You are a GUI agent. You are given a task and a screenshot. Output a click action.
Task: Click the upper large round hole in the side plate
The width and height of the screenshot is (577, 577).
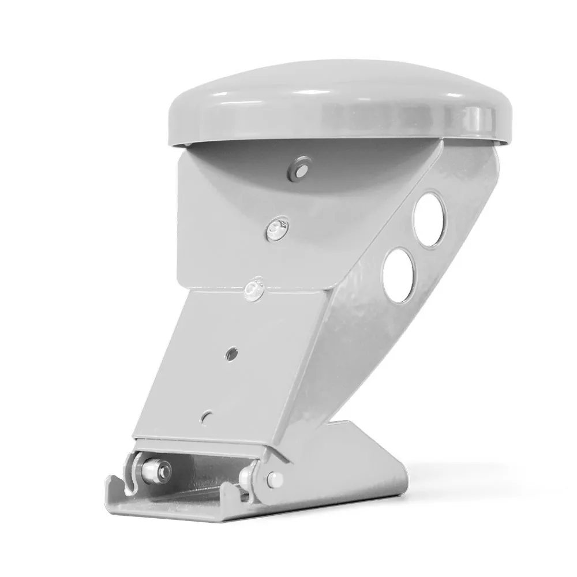[x=429, y=220]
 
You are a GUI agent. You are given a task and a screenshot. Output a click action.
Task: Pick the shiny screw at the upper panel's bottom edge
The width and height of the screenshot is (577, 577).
[x=253, y=290]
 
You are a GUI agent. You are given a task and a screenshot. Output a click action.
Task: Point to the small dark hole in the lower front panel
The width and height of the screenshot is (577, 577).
[x=231, y=354]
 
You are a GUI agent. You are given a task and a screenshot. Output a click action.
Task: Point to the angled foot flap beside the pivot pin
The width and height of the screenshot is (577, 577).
[x=346, y=462]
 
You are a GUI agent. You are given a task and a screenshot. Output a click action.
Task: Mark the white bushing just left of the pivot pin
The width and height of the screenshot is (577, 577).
[x=248, y=477]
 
